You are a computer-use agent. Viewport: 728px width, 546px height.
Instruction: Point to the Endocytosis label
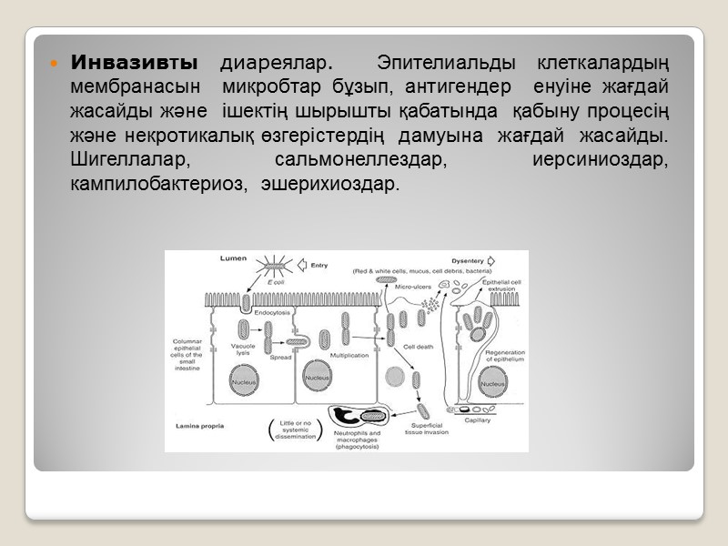pyautogui.click(x=270, y=312)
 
